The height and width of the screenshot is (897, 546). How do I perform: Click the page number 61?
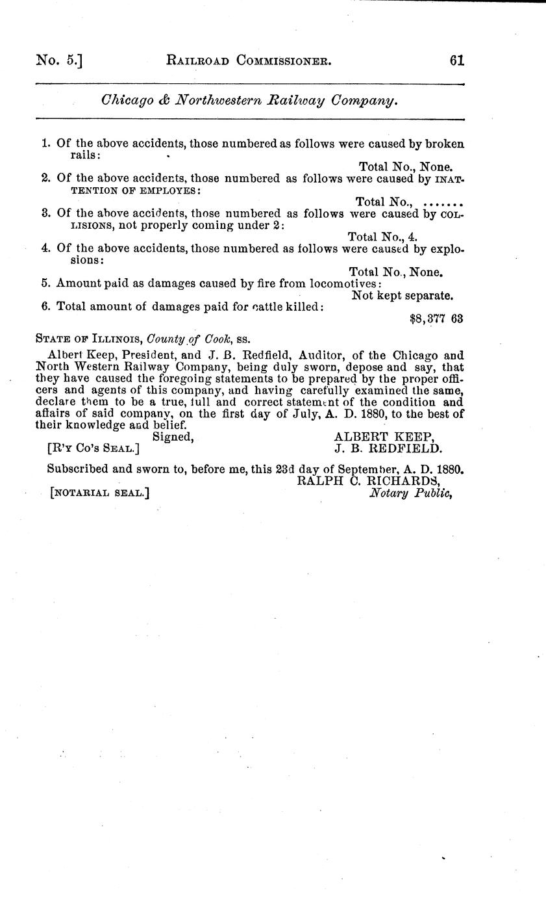[456, 60]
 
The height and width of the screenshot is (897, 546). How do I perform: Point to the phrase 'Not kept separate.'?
[402, 295]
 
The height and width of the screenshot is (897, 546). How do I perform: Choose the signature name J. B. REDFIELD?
[388, 448]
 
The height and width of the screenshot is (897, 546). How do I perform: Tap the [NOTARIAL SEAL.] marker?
[99, 493]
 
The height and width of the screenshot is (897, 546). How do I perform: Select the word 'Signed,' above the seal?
[173, 437]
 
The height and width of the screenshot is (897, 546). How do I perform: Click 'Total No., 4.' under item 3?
[382, 237]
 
